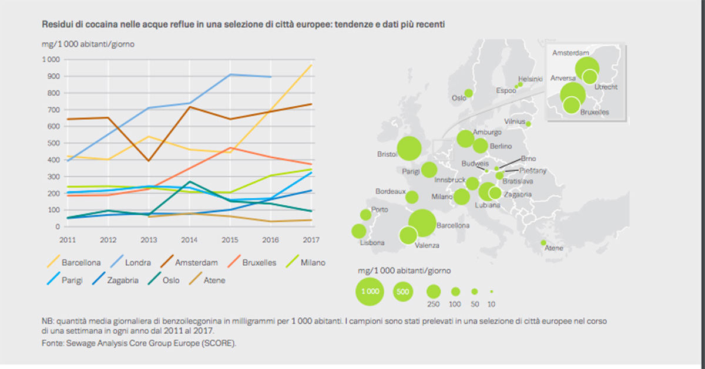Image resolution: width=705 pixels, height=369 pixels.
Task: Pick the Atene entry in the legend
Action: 214,280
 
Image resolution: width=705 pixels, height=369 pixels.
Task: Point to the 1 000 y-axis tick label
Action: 51,60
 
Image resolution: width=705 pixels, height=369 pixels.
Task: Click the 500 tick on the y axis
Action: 54,143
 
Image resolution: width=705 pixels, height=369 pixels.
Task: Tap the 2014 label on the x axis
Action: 189,239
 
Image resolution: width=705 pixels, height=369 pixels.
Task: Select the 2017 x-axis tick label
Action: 311,239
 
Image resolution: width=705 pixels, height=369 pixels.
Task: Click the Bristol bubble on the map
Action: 410,149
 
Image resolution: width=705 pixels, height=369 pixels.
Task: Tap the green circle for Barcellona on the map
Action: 422,223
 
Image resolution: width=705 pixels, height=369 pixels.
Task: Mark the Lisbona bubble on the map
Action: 359,231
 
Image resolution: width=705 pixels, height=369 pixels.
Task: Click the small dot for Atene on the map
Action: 543,242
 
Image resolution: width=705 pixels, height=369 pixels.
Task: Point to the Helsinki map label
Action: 530,79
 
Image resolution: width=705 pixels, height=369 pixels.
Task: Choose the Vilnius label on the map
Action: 515,121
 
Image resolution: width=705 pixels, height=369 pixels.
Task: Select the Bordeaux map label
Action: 391,191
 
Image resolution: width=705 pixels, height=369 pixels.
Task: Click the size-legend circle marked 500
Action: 403,291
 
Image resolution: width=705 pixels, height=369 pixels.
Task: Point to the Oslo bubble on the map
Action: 469,93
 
